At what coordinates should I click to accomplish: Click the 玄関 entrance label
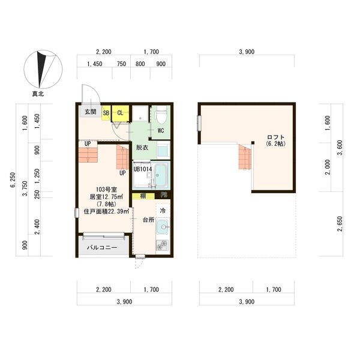pyautogui.click(x=90, y=112)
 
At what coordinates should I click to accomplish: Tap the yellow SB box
pyautogui.click(x=106, y=112)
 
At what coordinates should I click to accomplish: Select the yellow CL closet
pyautogui.click(x=120, y=112)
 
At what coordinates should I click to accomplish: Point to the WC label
pyautogui.click(x=161, y=130)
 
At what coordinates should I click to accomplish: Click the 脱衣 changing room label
pyautogui.click(x=142, y=148)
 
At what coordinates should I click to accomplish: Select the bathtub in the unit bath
pyautogui.click(x=161, y=175)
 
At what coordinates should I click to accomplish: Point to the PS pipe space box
pyautogui.click(x=164, y=196)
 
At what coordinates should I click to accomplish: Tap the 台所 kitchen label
pyautogui.click(x=148, y=220)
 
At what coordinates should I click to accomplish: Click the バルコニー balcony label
pyautogui.click(x=102, y=247)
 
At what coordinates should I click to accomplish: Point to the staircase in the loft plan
pyautogui.click(x=244, y=158)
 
